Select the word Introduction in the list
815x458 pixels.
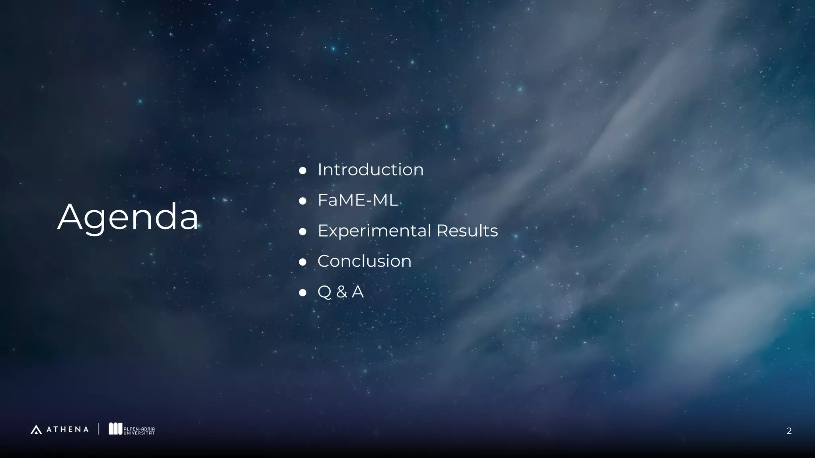pos(370,170)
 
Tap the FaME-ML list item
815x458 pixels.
pos(357,200)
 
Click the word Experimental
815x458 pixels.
pos(374,231)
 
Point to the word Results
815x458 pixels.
pos(467,231)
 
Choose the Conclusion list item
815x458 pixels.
pos(364,261)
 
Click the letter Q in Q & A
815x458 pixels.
pos(324,292)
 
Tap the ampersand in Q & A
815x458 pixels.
pos(341,292)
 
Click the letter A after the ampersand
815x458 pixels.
pos(357,292)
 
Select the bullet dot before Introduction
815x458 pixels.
pos(302,171)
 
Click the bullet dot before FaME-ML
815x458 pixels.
pos(302,201)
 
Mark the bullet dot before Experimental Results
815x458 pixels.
pos(302,231)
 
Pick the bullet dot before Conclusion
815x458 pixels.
pos(302,262)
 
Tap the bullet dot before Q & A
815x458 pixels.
pos(302,293)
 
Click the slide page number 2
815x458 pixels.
pos(789,431)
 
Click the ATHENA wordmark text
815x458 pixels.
pos(67,429)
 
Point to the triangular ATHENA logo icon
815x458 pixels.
pos(36,429)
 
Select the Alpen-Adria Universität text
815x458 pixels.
pos(139,431)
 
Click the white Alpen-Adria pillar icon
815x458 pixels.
pos(115,429)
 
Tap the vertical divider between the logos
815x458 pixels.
pos(99,429)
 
